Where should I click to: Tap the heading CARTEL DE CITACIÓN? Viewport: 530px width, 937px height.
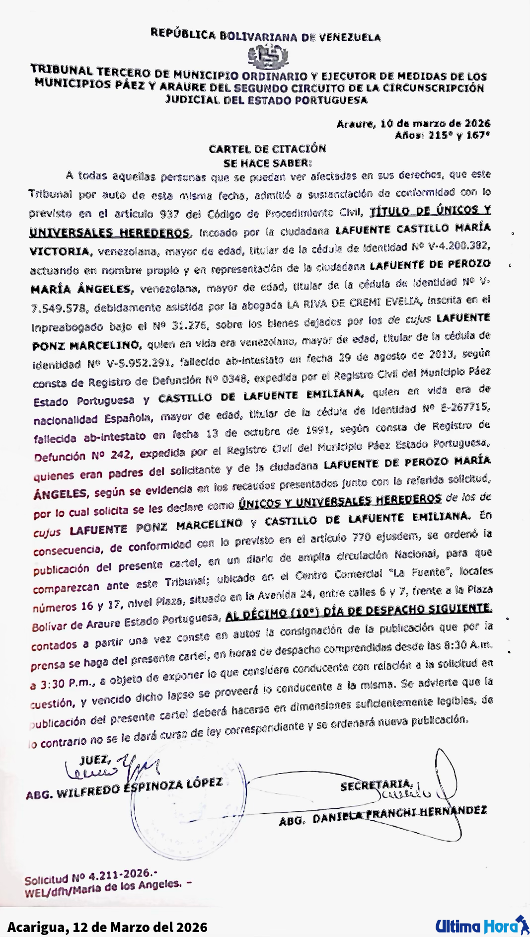[x=267, y=149]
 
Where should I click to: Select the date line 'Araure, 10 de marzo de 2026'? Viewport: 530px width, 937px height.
[x=413, y=124]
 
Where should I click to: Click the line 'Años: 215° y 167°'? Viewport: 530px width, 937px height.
[x=442, y=135]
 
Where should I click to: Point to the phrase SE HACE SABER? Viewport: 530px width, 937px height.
[x=268, y=162]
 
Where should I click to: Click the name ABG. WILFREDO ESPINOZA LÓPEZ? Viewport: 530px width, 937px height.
[x=124, y=787]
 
